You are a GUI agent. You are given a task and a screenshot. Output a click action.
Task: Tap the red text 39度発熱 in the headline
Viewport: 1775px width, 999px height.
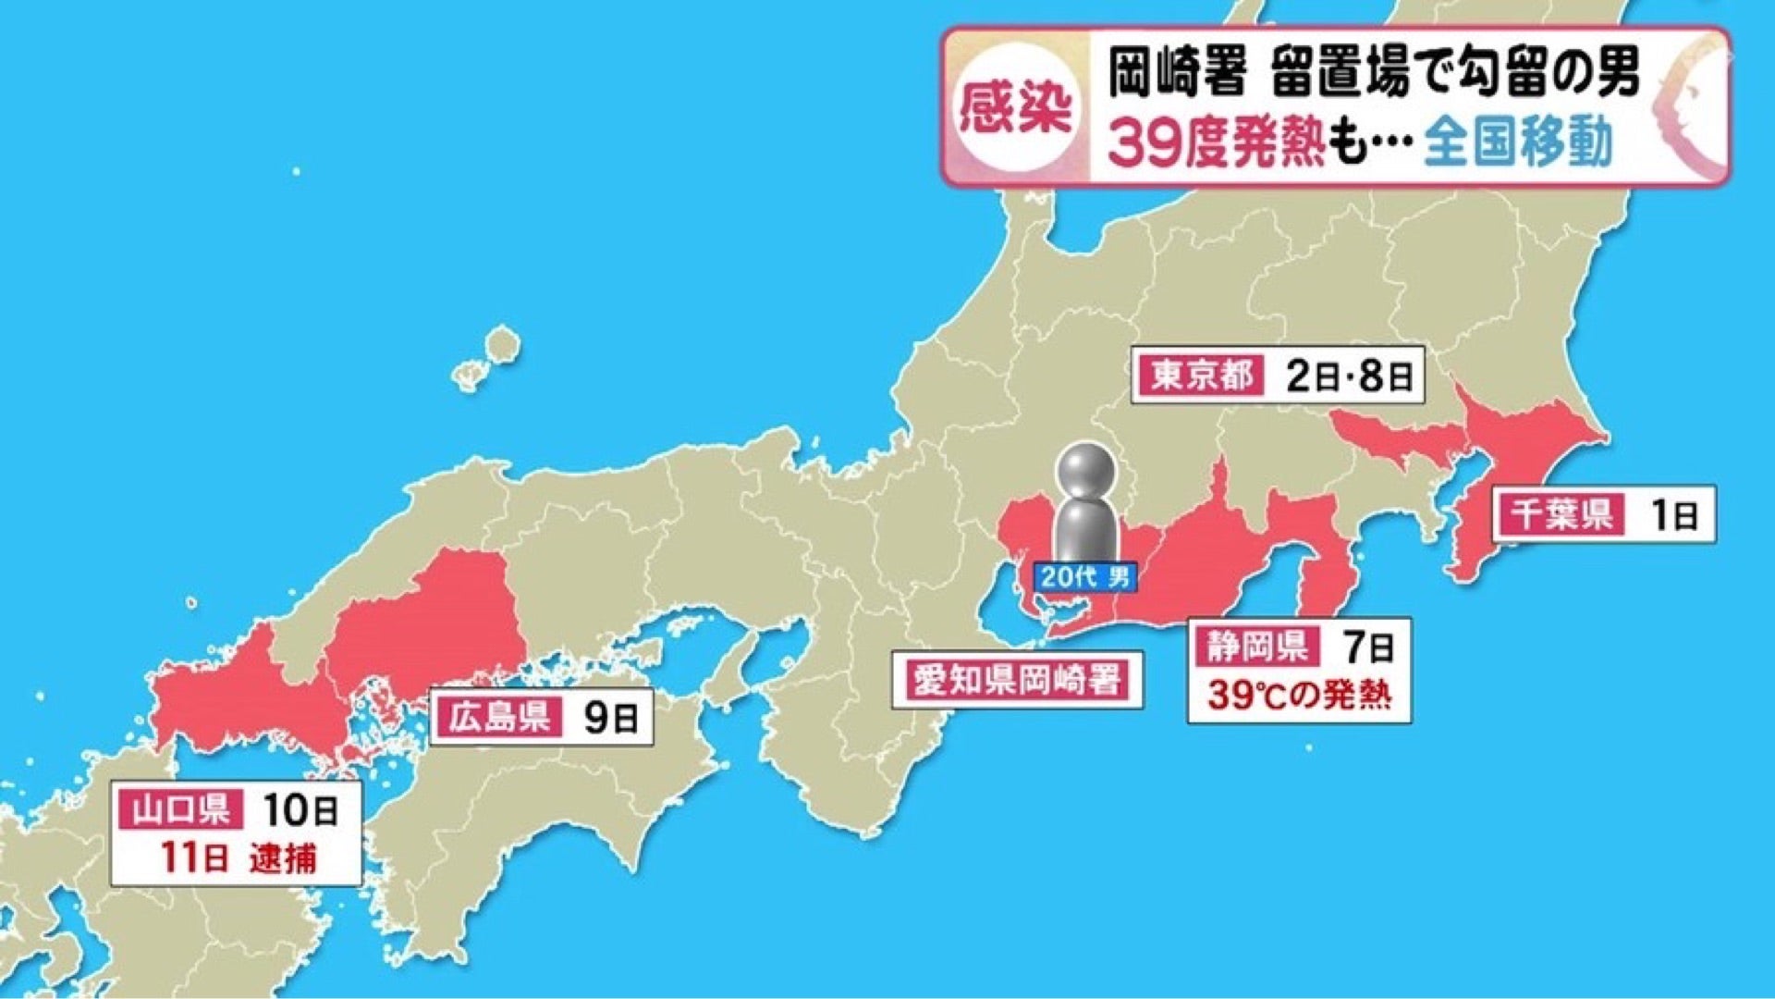point(1218,143)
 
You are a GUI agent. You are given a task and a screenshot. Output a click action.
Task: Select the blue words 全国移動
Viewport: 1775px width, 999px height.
point(1517,143)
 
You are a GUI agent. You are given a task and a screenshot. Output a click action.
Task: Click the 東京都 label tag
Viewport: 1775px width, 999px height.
point(1200,376)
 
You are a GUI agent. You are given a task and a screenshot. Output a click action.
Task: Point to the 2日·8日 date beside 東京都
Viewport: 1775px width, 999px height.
point(1349,376)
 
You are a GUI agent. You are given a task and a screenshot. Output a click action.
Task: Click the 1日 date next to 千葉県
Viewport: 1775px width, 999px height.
point(1674,514)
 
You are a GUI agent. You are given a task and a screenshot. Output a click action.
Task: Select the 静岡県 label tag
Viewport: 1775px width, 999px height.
point(1256,646)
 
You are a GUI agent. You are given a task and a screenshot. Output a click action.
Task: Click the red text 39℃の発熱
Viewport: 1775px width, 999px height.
point(1299,694)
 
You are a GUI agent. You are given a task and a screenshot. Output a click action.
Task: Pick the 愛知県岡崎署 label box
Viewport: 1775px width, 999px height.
point(1017,680)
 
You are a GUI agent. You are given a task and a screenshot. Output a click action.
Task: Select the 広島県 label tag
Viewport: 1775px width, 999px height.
point(499,717)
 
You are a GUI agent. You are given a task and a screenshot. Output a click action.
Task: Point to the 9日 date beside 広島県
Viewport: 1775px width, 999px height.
point(610,718)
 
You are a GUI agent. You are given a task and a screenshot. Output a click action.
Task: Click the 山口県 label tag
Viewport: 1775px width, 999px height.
point(179,810)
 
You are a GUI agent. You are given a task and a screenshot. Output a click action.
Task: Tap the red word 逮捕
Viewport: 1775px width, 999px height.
point(283,858)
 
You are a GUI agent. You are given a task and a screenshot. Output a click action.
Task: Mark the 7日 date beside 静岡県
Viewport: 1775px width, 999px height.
point(1369,647)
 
